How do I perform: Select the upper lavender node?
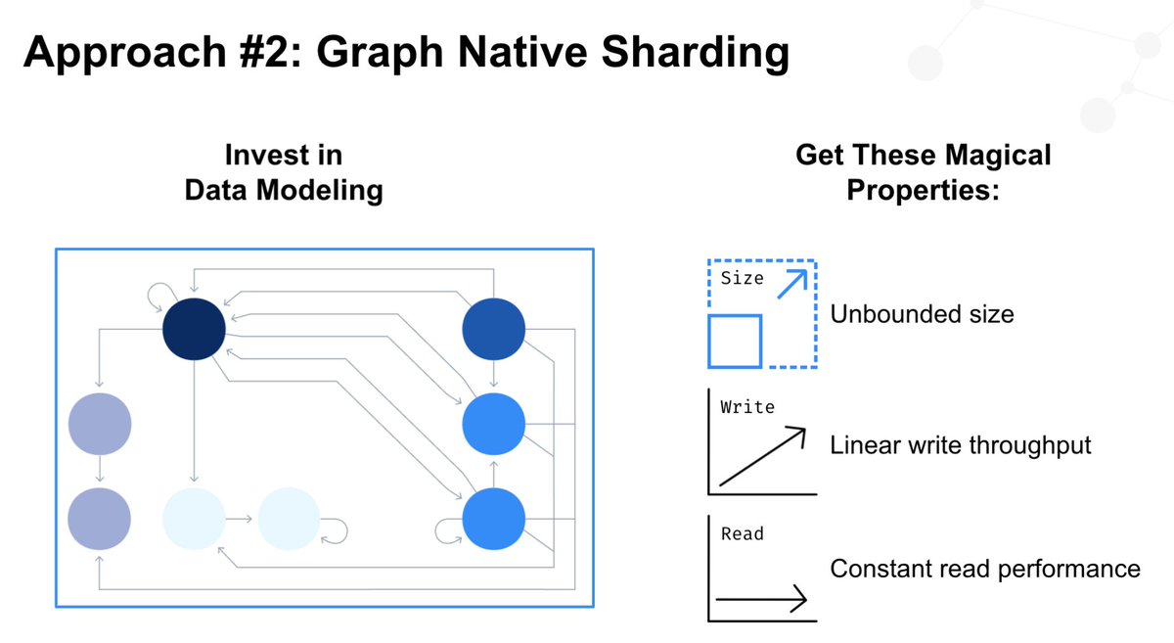tap(100, 423)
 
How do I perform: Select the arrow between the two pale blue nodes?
tap(242, 516)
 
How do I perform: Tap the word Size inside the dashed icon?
tap(742, 278)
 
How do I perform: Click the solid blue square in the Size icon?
tap(735, 341)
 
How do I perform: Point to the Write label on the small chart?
tap(746, 405)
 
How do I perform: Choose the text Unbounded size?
tap(922, 314)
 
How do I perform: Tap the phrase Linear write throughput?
tap(960, 445)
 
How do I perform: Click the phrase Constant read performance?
tap(984, 569)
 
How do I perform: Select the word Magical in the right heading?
tap(992, 155)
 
